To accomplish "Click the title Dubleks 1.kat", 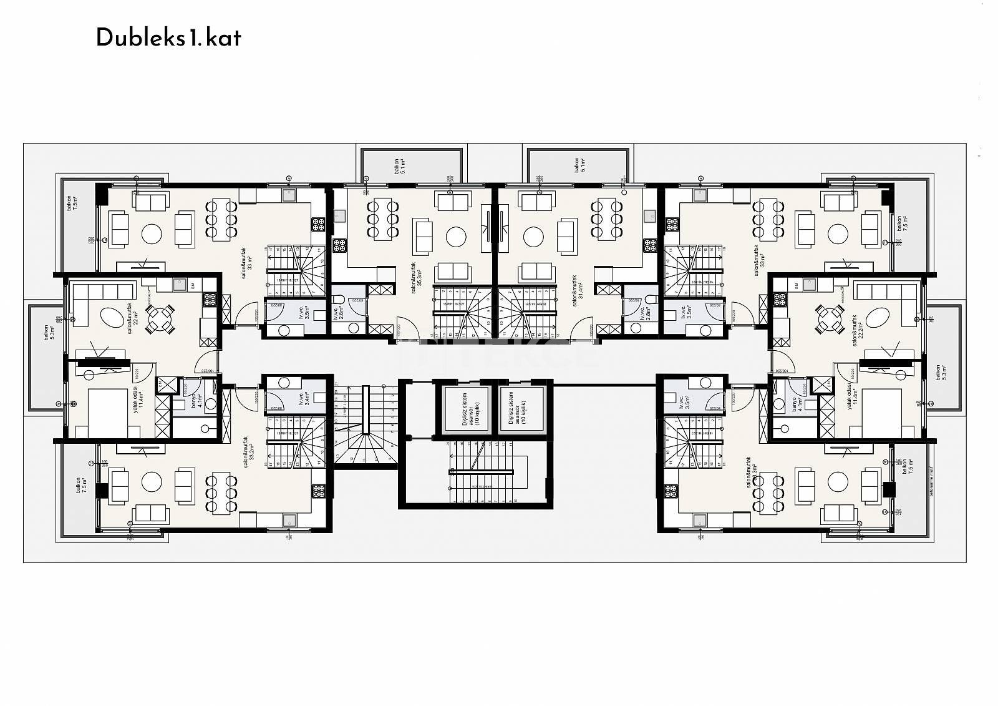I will pos(168,39).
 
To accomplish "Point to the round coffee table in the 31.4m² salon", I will pos(534,237).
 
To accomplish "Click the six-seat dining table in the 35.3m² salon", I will pos(383,218).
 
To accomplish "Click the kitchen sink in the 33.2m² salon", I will pos(289,520).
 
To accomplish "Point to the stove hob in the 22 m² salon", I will pos(209,300).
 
